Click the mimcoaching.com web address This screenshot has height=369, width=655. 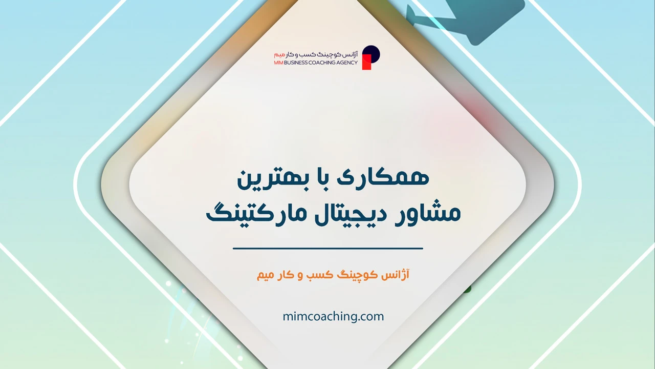333,316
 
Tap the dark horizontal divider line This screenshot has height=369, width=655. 327,249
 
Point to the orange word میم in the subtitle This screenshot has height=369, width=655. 267,275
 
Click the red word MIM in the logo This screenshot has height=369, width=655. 279,63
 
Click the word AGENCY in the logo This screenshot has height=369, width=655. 348,63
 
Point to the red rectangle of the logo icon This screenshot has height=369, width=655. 366,62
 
